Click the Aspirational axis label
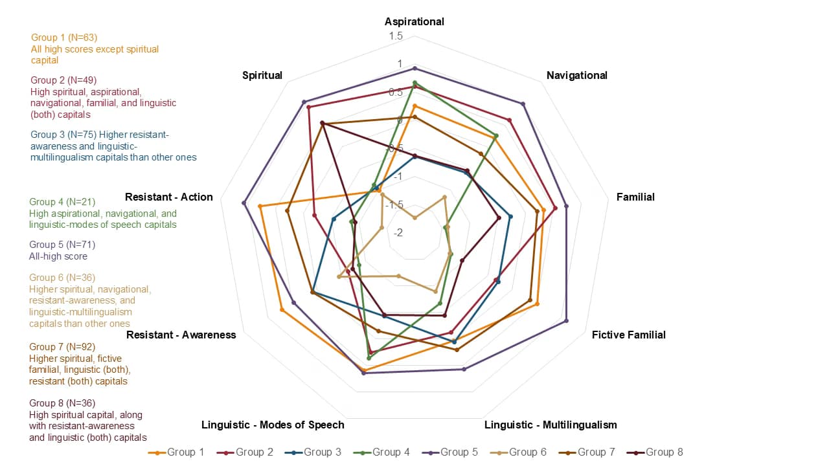pyautogui.click(x=414, y=21)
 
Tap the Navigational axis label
pyautogui.click(x=576, y=75)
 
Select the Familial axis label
pyautogui.click(x=635, y=197)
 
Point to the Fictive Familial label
pyautogui.click(x=628, y=335)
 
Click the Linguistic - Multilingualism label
pyautogui.click(x=551, y=425)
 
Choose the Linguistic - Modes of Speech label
pyautogui.click(x=273, y=425)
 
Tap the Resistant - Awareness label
pyautogui.click(x=181, y=335)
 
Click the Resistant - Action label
pyautogui.click(x=168, y=197)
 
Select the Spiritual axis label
pyautogui.click(x=262, y=75)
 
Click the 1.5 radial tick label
pyautogui.click(x=396, y=36)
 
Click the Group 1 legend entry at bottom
pyautogui.click(x=176, y=452)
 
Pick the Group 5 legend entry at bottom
pyautogui.click(x=449, y=452)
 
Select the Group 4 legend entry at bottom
pyautogui.click(x=381, y=452)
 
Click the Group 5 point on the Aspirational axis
pyautogui.click(x=414, y=68)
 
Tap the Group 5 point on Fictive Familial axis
pyautogui.click(x=567, y=320)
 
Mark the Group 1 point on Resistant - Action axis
pyautogui.click(x=260, y=206)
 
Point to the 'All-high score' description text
pyautogui.click(x=58, y=256)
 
